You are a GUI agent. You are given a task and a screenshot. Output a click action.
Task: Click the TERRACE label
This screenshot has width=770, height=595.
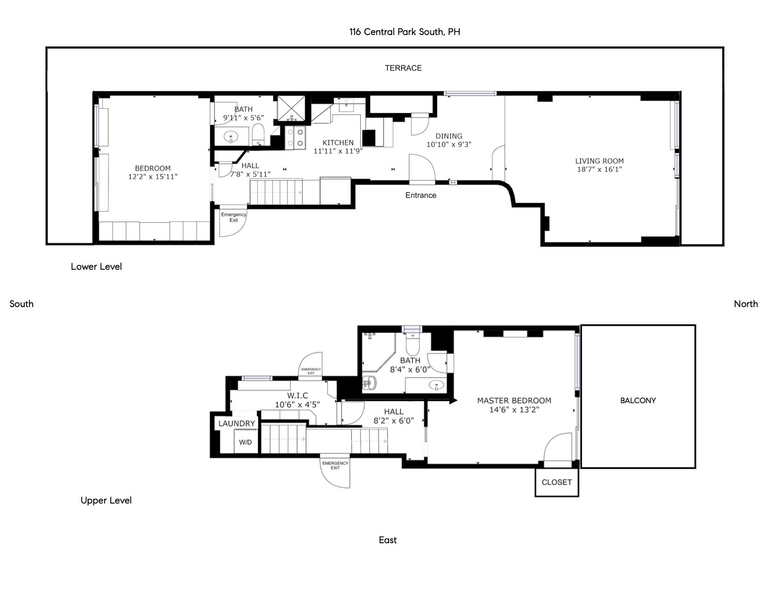403,68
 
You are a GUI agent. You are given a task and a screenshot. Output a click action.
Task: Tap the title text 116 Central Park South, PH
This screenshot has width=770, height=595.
405,32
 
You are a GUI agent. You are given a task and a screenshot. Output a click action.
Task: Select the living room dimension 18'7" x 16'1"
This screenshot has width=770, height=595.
599,169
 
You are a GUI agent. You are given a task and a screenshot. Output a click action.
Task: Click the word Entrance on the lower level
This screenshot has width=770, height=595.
420,195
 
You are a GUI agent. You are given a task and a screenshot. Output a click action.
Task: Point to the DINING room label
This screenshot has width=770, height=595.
449,136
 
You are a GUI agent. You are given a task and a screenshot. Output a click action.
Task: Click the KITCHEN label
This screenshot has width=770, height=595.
338,142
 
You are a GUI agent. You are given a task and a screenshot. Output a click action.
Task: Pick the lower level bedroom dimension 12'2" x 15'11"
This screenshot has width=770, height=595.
153,176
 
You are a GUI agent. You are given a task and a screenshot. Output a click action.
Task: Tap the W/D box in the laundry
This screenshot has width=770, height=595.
245,442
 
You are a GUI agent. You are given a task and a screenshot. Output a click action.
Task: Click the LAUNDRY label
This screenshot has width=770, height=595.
237,423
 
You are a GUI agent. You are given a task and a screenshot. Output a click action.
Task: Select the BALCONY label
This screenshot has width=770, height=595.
638,400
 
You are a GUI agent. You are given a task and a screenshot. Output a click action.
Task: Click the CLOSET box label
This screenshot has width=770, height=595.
557,482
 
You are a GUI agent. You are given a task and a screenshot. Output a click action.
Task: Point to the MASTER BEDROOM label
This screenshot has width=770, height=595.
514,400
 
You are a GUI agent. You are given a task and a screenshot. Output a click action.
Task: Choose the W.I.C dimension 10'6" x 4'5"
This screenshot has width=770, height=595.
297,405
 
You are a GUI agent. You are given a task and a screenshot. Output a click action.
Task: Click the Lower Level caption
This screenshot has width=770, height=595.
96,266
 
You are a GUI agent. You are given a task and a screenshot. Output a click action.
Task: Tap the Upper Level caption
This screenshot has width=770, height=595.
106,500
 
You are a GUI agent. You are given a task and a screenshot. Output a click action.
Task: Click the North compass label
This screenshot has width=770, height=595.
746,304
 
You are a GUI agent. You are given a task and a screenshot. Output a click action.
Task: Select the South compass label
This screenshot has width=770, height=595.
21,304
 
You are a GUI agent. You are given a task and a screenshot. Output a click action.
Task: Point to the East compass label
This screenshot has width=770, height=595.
388,540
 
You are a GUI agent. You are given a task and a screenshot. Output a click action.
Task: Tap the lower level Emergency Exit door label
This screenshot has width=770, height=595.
233,217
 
